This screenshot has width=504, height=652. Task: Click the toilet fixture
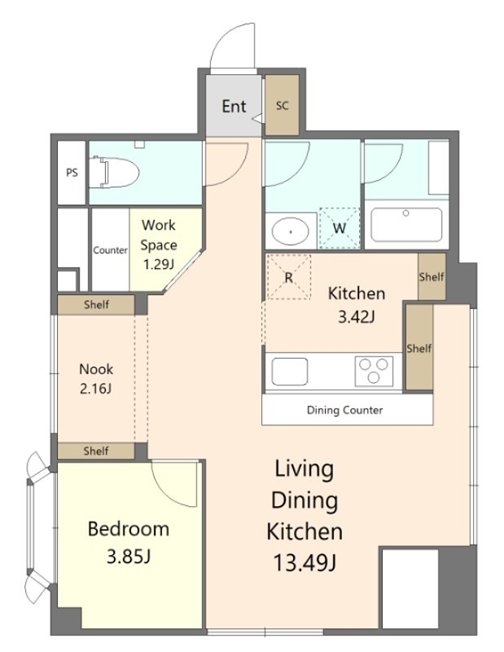(114, 172)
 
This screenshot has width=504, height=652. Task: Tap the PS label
(72, 172)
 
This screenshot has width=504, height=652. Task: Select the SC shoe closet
(282, 105)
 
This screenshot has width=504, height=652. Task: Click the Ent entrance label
(234, 107)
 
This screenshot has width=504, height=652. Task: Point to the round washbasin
(291, 231)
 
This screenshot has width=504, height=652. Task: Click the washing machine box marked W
(339, 228)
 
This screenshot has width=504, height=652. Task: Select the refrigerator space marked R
(288, 277)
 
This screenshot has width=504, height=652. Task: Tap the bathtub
(406, 225)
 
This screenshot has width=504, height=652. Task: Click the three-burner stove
(374, 371)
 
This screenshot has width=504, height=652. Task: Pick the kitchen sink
(290, 372)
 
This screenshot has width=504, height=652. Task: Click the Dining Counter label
(344, 411)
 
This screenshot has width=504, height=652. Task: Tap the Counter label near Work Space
(110, 250)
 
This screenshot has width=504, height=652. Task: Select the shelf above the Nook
(96, 305)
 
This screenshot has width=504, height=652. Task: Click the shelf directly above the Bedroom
(96, 452)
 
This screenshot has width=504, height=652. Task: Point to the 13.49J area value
(305, 563)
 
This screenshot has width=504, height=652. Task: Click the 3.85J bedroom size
(129, 557)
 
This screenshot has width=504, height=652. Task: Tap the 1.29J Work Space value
(158, 264)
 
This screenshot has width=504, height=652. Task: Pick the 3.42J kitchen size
(357, 317)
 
